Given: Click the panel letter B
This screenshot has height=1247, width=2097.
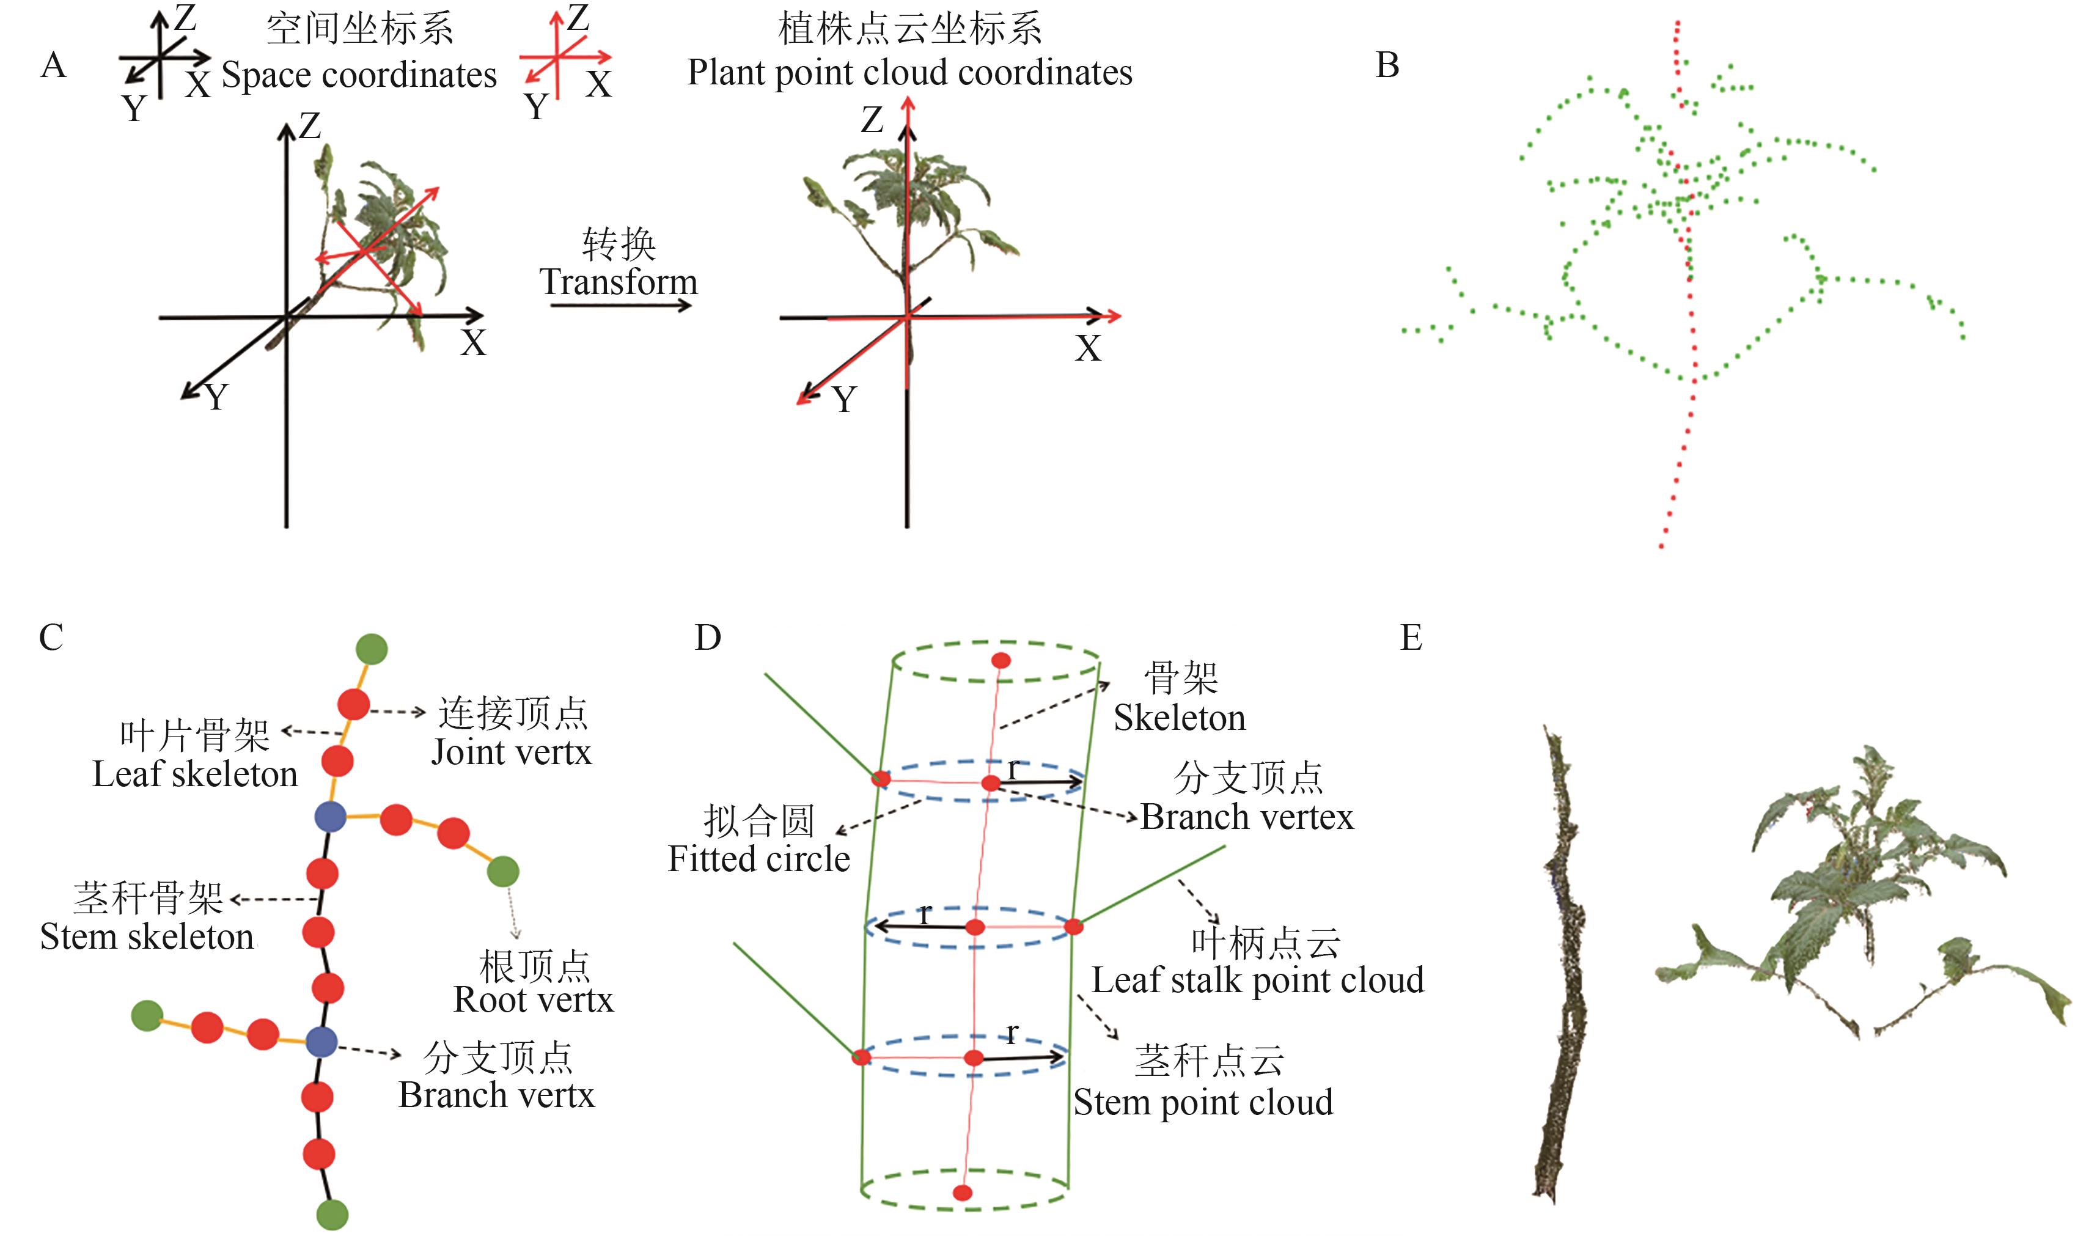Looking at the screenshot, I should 1387,65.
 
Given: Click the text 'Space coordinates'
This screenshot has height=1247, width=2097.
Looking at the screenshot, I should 359,75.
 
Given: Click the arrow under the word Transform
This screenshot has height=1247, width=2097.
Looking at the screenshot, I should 620,305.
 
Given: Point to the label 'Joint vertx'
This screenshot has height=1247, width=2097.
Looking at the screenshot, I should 511,752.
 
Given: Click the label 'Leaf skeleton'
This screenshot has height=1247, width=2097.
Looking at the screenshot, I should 195,774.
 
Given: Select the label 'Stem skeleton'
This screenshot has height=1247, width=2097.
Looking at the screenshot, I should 147,936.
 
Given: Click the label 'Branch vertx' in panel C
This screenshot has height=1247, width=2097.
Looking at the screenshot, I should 496,1095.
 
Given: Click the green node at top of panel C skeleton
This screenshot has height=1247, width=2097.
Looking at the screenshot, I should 372,649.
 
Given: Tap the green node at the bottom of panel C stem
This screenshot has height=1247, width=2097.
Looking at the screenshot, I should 332,1214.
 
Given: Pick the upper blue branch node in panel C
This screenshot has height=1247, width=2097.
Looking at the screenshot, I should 330,816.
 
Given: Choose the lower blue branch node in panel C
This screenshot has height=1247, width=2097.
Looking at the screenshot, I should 321,1042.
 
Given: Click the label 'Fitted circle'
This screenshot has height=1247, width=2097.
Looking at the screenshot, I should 758,859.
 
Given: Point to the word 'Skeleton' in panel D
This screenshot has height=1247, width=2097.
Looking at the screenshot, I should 1180,718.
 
